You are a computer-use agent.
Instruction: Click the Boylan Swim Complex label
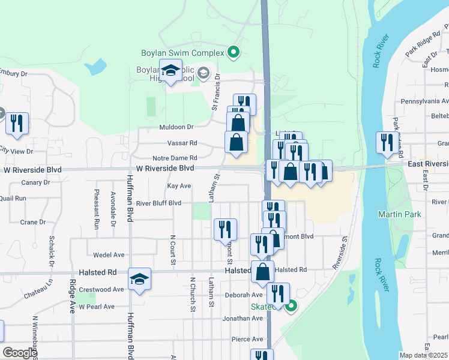[182, 53]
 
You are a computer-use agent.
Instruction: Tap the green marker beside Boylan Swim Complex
[234, 53]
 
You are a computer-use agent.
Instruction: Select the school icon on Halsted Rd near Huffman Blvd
[140, 279]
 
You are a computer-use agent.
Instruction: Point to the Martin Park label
[400, 214]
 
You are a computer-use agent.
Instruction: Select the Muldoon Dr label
[176, 127]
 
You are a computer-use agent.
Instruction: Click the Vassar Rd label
[185, 143]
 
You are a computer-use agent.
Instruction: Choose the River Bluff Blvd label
[158, 203]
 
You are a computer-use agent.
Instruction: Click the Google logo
[20, 353]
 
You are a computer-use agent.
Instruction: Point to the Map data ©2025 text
[423, 355]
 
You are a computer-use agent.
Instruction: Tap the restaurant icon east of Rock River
[385, 142]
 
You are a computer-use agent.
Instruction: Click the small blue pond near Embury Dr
[97, 67]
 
